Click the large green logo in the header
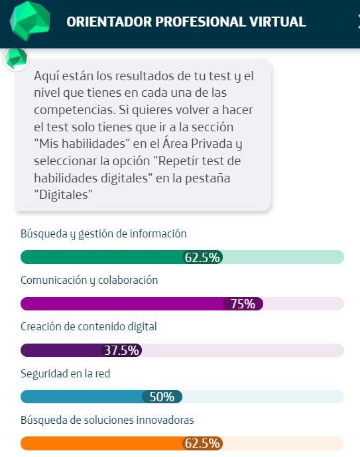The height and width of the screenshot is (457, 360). point(30,21)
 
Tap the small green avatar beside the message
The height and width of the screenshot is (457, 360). point(16,59)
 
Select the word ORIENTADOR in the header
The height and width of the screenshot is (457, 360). point(109,22)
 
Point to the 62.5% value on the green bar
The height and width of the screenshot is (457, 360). point(202,257)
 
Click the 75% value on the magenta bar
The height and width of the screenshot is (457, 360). point(243,304)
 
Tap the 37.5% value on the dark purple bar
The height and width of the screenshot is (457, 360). point(122,350)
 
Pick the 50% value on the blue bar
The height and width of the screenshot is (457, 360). point(162,397)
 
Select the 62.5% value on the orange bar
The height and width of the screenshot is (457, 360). point(202,443)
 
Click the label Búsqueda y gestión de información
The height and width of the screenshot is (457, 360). point(103,234)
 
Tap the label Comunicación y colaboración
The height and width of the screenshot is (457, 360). point(89,281)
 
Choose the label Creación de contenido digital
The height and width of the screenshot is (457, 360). point(89,327)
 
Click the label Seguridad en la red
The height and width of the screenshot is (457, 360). point(65,373)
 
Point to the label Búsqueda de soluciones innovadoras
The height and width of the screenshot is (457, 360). point(107,420)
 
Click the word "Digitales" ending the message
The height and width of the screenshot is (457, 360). point(63,195)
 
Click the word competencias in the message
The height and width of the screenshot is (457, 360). point(74,111)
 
